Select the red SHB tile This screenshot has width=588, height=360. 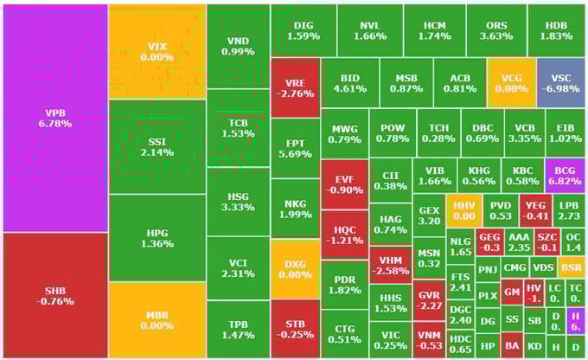(54, 295)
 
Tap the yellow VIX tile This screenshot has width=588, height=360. (157, 51)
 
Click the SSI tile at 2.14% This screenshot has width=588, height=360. (157, 146)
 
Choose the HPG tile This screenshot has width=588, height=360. (157, 237)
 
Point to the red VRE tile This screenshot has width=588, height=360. (294, 87)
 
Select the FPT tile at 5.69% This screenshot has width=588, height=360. (294, 148)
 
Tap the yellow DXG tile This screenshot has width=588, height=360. (294, 267)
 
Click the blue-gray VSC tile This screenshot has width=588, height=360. (560, 82)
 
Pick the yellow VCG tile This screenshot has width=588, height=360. (511, 82)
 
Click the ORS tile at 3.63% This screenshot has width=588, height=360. (495, 30)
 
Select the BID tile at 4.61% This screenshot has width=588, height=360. (349, 82)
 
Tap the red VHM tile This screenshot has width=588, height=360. (390, 266)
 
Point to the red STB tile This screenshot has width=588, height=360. (294, 329)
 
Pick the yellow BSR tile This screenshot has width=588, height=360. (572, 267)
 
